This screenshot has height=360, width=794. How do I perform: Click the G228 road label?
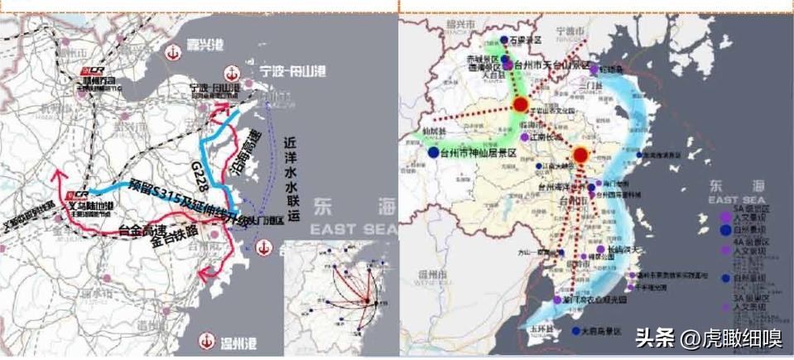[x=198, y=161]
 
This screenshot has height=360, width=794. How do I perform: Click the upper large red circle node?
[x=520, y=104]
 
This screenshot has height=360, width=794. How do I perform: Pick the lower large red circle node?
[x=580, y=154]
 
